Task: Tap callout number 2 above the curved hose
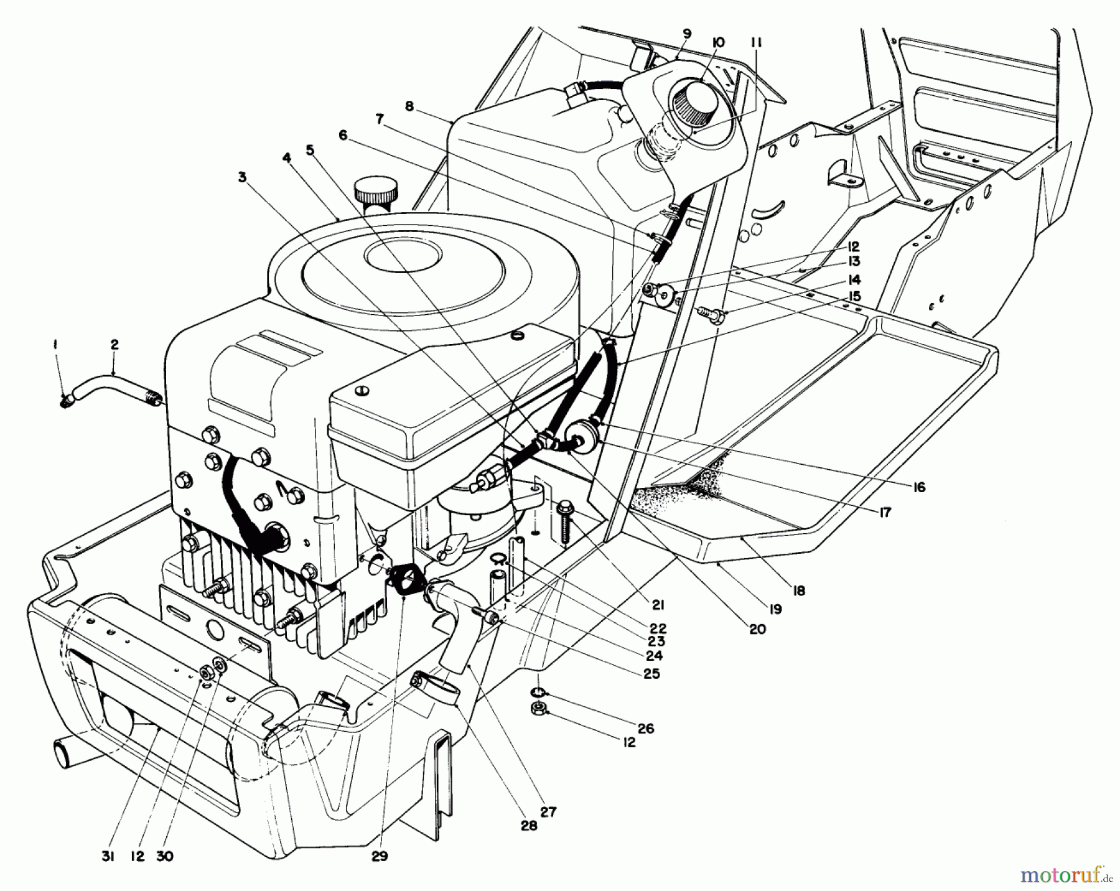pyautogui.click(x=114, y=344)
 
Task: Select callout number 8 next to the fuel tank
pyautogui.click(x=409, y=106)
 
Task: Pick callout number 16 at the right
pyautogui.click(x=920, y=487)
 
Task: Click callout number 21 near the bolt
pyautogui.click(x=658, y=604)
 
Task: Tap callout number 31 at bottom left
pyautogui.click(x=107, y=857)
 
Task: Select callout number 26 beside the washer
pyautogui.click(x=646, y=728)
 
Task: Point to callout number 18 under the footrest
pyautogui.click(x=798, y=590)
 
